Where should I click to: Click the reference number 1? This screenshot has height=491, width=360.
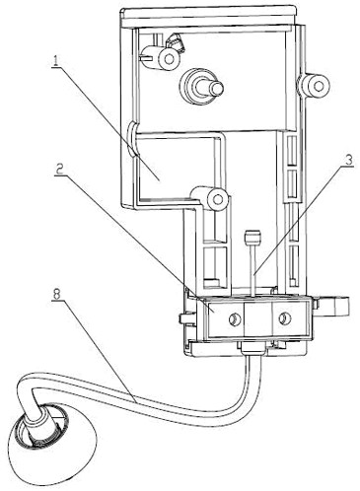click(x=56, y=60)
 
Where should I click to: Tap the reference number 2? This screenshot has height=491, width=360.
click(x=59, y=170)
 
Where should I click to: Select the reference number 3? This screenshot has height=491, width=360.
click(x=348, y=161)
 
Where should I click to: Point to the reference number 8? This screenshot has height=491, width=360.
click(x=57, y=294)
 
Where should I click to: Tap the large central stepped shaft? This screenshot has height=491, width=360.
click(x=201, y=85)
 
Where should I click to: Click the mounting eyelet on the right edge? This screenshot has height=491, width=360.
click(x=317, y=87)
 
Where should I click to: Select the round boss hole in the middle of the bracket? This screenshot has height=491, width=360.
click(x=217, y=199)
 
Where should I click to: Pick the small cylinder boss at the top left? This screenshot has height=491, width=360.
click(x=161, y=57)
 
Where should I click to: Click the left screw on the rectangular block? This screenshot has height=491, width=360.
click(x=235, y=318)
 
